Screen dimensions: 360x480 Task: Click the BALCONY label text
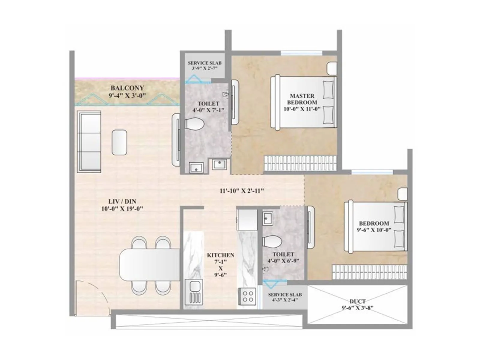point(127,88)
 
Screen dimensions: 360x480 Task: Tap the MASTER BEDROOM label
point(302,99)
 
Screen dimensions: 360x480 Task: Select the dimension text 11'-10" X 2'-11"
point(242,191)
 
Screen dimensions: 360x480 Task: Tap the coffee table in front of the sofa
point(119,142)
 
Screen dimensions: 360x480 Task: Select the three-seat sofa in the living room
point(89,142)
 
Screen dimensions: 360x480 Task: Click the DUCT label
point(358,301)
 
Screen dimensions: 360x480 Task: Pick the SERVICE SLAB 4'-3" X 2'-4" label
point(285,297)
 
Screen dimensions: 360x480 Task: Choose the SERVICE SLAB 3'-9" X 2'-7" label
point(205,65)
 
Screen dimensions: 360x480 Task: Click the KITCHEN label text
point(220,255)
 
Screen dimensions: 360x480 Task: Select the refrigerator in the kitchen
point(247,220)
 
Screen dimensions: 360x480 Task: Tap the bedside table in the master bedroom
point(332,68)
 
